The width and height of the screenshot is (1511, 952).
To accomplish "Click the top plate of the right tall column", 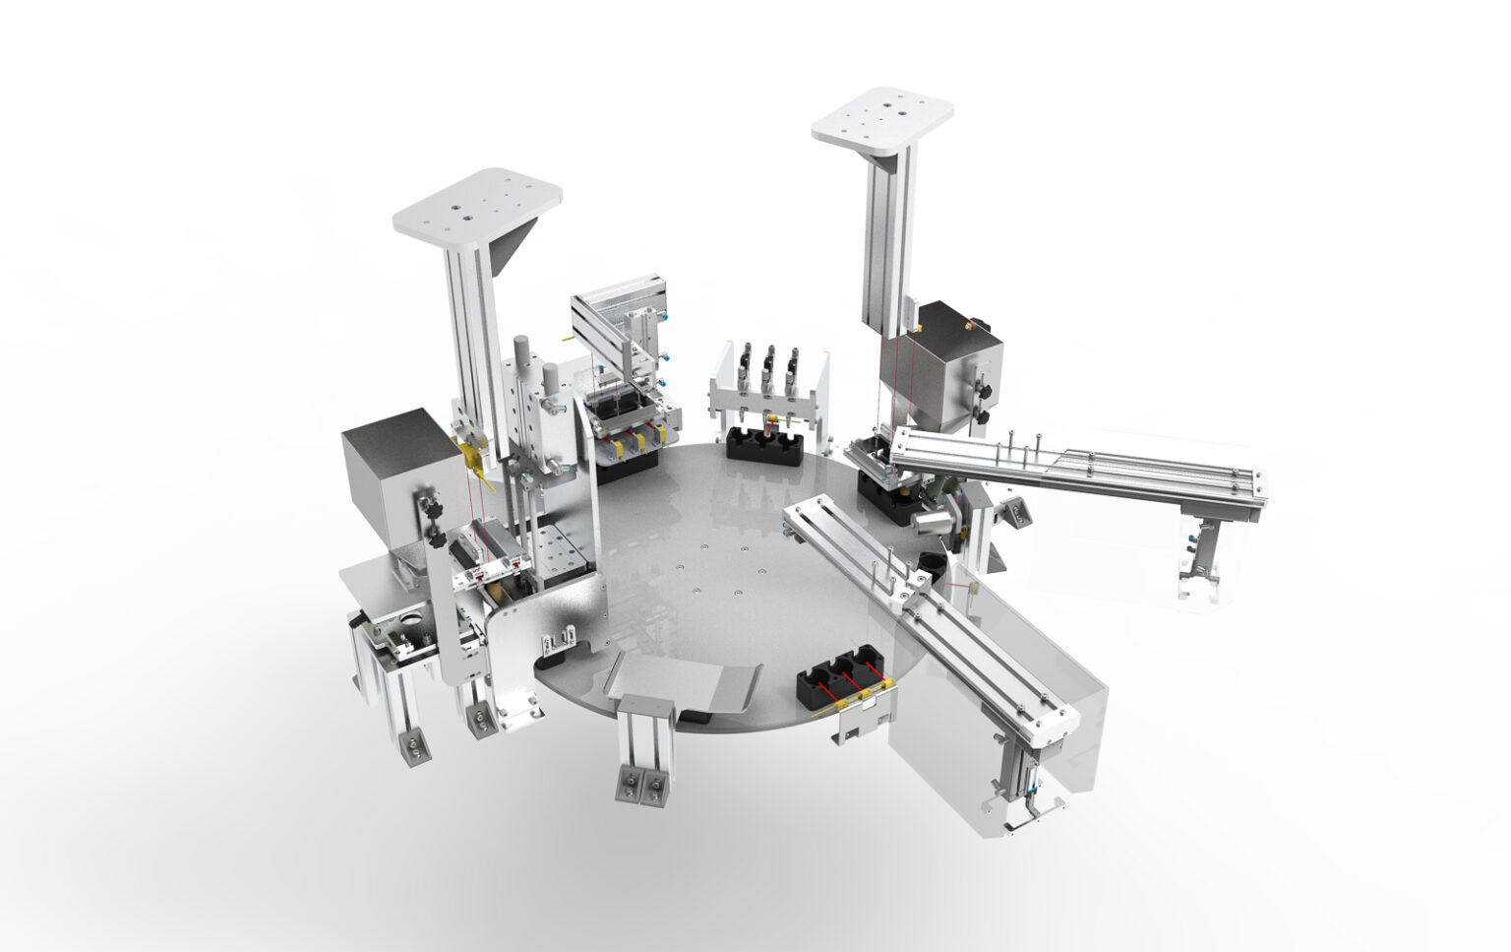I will [883, 120].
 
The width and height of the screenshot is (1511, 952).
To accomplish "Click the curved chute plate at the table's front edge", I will [685, 682].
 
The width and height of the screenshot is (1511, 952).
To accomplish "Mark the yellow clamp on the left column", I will [470, 453].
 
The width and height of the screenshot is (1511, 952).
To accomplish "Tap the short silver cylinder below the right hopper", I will [930, 519].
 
